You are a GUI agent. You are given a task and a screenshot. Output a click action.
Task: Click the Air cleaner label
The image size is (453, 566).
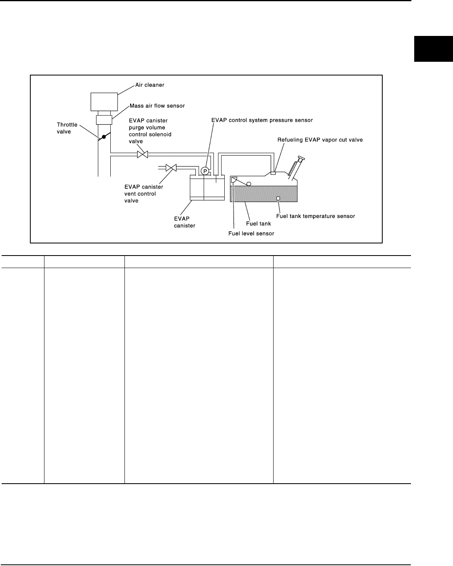pyautogui.click(x=150, y=85)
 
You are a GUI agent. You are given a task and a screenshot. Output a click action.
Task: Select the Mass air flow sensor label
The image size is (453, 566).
pyautogui.click(x=157, y=106)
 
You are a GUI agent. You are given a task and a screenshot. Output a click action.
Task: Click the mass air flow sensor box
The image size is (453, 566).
pyautogui.click(x=104, y=119)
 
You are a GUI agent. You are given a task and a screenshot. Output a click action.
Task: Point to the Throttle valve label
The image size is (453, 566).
pyautogui.click(x=67, y=128)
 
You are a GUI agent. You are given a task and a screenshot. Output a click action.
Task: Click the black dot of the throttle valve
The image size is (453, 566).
pyautogui.click(x=104, y=137)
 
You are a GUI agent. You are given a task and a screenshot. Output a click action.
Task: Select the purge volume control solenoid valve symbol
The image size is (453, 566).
pyautogui.click(x=142, y=154)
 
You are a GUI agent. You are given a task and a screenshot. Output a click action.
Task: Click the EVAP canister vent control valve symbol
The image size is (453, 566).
pyautogui.click(x=171, y=167)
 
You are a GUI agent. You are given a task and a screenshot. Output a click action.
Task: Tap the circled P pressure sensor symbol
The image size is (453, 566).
pyautogui.click(x=205, y=171)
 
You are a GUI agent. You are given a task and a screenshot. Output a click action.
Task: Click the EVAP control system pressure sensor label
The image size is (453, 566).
pyautogui.click(x=262, y=120)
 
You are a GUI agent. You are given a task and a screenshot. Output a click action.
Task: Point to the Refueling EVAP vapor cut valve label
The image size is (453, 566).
pyautogui.click(x=320, y=140)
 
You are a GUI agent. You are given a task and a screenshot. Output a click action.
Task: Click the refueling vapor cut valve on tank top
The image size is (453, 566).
pyautogui.click(x=273, y=173)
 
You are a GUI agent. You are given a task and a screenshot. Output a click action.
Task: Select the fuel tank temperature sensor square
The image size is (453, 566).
pyautogui.click(x=278, y=198)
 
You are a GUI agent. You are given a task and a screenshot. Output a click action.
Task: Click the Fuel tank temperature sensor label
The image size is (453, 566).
pyautogui.click(x=316, y=216)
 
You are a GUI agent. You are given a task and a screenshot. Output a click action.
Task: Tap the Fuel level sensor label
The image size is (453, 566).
pyautogui.click(x=251, y=233)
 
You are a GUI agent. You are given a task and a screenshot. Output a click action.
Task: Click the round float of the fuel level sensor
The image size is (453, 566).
pyautogui.click(x=249, y=184)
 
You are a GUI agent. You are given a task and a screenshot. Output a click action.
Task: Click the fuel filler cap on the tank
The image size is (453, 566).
pyautogui.click(x=300, y=158)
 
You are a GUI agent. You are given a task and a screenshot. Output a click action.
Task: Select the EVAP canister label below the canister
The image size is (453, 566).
pyautogui.click(x=184, y=222)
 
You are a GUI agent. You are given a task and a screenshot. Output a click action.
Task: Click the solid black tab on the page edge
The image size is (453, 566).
pyautogui.click(x=433, y=49)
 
